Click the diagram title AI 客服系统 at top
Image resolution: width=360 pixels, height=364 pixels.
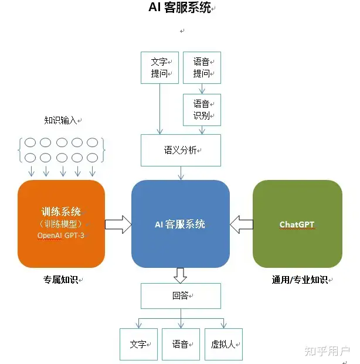[x=179, y=8]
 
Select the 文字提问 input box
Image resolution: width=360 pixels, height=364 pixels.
[x=160, y=67]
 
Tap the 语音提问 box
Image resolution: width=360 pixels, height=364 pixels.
[x=202, y=67]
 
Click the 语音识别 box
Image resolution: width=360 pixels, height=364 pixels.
[x=202, y=110]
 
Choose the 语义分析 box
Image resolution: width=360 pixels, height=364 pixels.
[x=181, y=150]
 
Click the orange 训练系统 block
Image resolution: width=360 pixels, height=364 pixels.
[x=61, y=224]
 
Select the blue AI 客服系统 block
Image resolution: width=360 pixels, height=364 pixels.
[x=181, y=224]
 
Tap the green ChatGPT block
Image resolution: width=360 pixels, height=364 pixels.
[x=297, y=224]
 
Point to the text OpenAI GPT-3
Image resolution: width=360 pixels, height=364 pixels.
[x=61, y=236]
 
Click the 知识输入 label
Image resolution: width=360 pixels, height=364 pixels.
[x=60, y=120]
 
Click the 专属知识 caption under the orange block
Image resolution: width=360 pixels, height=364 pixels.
[x=60, y=280]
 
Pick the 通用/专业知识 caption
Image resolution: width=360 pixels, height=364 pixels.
[x=300, y=280]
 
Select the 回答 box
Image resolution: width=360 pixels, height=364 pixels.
[x=181, y=296]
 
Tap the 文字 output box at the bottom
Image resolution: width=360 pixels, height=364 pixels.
[x=138, y=344]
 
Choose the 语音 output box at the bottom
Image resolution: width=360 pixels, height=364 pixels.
[x=181, y=344]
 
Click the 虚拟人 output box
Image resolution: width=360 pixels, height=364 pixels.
[x=223, y=344]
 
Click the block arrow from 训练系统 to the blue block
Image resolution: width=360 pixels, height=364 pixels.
[x=118, y=224]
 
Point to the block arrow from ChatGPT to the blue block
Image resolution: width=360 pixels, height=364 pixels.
[x=242, y=224]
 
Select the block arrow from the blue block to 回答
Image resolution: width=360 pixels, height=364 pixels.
[x=180, y=275]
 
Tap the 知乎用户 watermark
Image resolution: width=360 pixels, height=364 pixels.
[x=327, y=351]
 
